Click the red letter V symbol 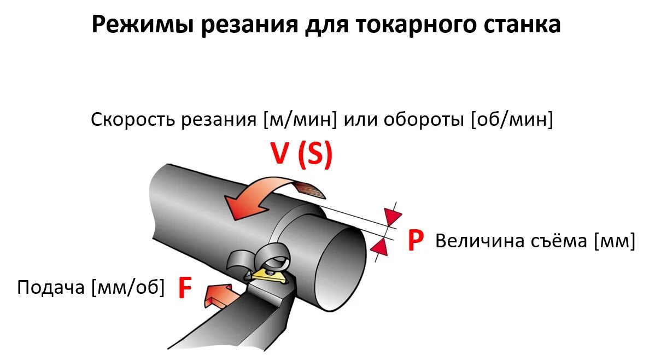(x=280, y=154)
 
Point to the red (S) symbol (x=315, y=155)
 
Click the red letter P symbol (x=416, y=241)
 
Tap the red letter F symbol (x=185, y=289)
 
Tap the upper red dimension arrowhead (x=393, y=216)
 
